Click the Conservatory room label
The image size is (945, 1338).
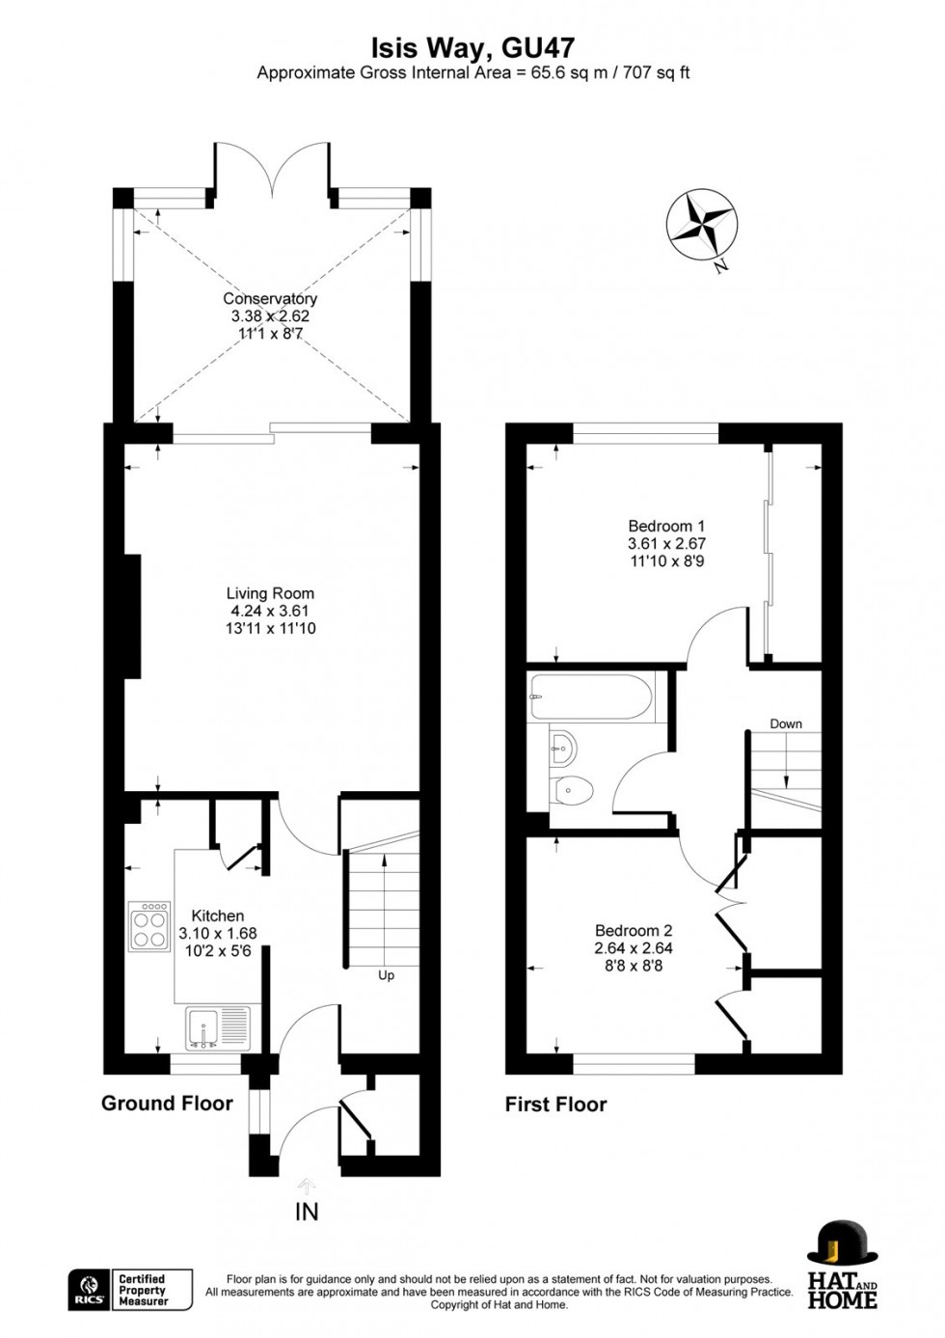pyautogui.click(x=270, y=299)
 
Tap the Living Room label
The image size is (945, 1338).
pyautogui.click(x=270, y=594)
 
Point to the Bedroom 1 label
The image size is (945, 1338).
pyautogui.click(x=666, y=527)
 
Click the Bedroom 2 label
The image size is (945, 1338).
pyautogui.click(x=634, y=931)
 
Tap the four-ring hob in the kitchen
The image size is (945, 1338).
pyautogui.click(x=149, y=927)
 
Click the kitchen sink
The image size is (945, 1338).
pyautogui.click(x=218, y=1027)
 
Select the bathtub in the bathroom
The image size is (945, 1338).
pyautogui.click(x=591, y=697)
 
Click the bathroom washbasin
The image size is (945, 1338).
pyautogui.click(x=561, y=744)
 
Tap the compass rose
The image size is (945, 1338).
pyautogui.click(x=701, y=225)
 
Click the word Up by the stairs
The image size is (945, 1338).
pyautogui.click(x=386, y=975)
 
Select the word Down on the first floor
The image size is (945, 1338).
pyautogui.click(x=786, y=724)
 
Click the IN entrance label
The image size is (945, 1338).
pyautogui.click(x=307, y=1213)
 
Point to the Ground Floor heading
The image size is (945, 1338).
pyautogui.click(x=167, y=1104)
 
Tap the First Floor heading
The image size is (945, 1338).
pyautogui.click(x=555, y=1105)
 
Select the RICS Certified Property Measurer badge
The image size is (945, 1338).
pyautogui.click(x=130, y=1290)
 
